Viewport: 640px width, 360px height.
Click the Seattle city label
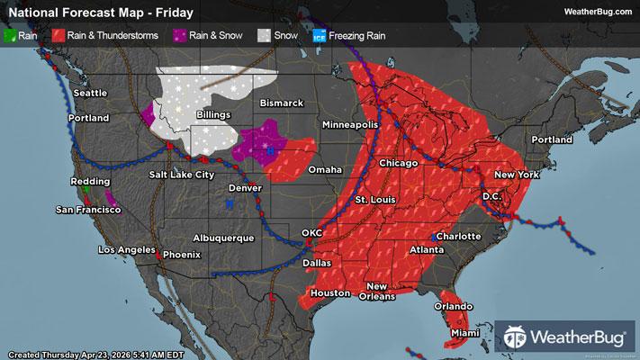[x=89, y=94]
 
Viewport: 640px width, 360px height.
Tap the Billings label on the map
[x=212, y=115]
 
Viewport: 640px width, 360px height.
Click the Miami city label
[x=466, y=334]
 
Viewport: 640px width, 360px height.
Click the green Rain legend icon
[x=11, y=36]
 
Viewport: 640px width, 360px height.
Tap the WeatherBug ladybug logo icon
[x=518, y=338]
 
